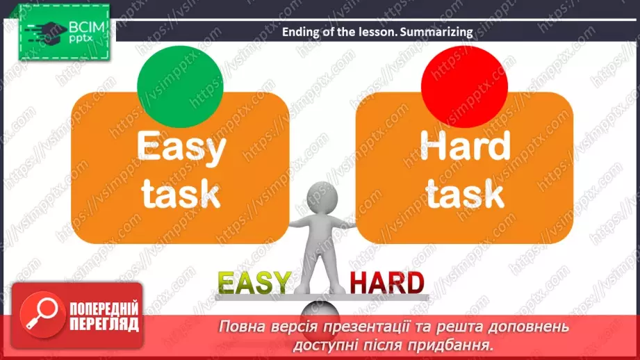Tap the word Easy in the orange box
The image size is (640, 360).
(181, 148)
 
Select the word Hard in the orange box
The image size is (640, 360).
(465, 147)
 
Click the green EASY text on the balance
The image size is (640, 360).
(254, 283)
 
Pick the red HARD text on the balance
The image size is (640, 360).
(386, 283)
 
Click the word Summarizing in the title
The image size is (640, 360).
(437, 31)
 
